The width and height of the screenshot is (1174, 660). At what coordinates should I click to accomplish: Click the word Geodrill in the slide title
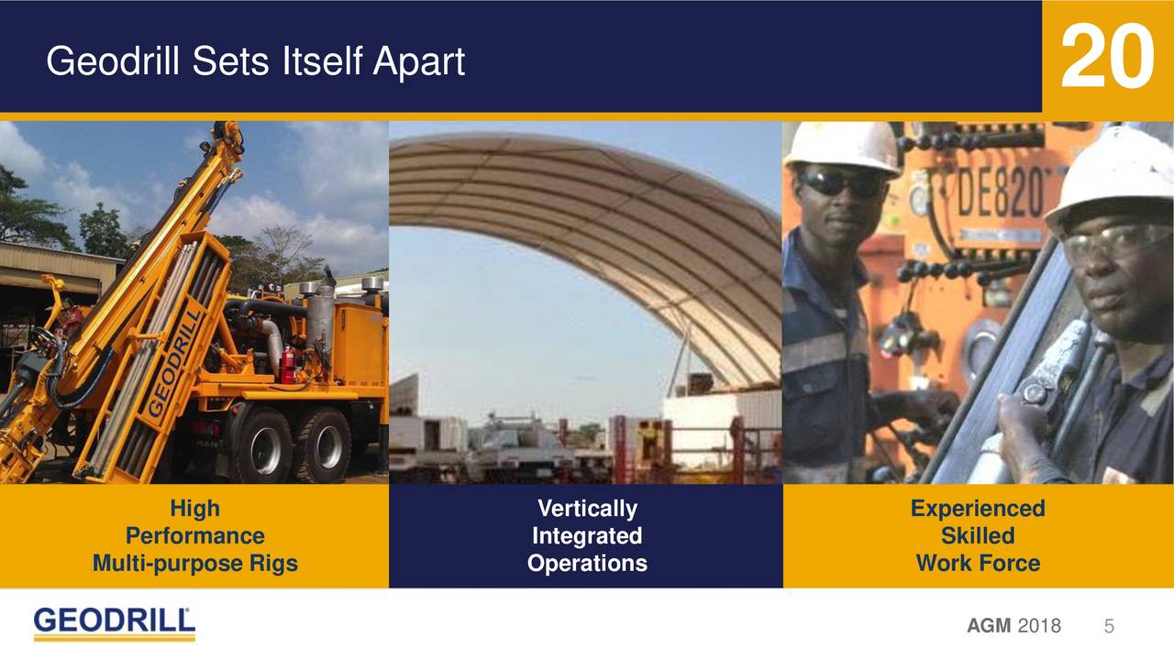109,62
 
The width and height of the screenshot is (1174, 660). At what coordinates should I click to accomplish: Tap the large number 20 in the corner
1106,58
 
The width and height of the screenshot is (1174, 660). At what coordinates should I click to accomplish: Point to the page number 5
1109,626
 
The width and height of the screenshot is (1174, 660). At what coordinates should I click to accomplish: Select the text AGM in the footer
988,626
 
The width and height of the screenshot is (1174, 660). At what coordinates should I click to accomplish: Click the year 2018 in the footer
1039,626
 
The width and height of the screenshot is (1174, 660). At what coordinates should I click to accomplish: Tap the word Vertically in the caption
587,508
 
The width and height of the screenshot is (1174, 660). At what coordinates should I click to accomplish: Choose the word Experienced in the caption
977,508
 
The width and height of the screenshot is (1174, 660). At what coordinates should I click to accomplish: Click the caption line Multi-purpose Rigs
194,563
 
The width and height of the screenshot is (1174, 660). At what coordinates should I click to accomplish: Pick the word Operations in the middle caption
587,563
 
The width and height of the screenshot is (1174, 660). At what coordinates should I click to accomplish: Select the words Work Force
977,563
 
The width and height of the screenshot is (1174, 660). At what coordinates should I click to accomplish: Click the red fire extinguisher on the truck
287,364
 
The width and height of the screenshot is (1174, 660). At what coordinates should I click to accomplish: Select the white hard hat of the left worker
843,145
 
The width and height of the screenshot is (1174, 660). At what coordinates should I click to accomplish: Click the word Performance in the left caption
194,535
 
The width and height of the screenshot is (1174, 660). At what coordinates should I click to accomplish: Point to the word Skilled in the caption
977,535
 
